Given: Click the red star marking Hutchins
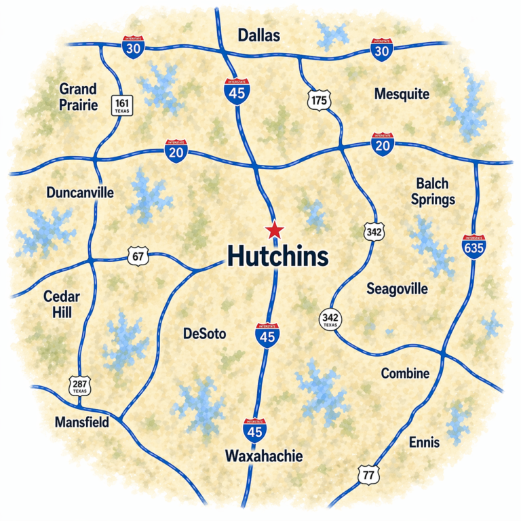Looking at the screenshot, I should point(274,230).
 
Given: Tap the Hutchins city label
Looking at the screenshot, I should point(277,256).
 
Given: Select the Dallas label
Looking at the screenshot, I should point(259,36).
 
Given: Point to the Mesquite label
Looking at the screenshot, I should point(402,94).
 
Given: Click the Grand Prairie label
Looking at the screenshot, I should point(78,97).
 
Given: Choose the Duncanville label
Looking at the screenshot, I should point(80,193).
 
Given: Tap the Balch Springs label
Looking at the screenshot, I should point(435,191).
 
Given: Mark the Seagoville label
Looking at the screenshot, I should point(397,288).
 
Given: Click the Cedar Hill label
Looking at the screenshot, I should point(62,305).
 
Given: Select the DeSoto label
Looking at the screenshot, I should point(204,334).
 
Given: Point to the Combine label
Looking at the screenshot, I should point(405,373).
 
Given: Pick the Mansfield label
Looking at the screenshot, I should point(81,422).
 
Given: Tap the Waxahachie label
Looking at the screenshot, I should point(264,455).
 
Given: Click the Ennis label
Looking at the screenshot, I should point(424,442).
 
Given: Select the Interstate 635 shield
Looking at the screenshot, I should point(473,247).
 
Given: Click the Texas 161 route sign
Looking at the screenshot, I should point(123,105).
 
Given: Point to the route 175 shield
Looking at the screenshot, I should point(317,101).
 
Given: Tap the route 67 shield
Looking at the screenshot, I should point(138,256).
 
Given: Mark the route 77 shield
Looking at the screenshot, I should point(368,475).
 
